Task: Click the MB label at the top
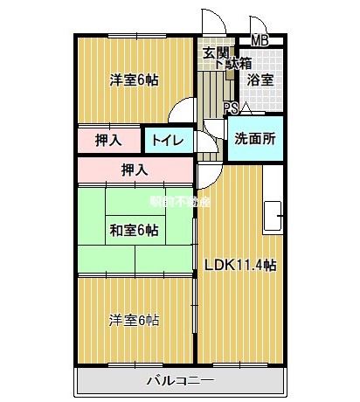coord(260,40)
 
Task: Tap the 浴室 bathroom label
coord(260,80)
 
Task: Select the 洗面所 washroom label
coord(255,137)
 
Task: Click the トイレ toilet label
coord(167,140)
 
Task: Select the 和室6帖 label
coord(134,230)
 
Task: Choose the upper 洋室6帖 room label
coord(134,80)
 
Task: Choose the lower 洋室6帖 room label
coord(134,319)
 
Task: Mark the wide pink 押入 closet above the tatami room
coord(134,170)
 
